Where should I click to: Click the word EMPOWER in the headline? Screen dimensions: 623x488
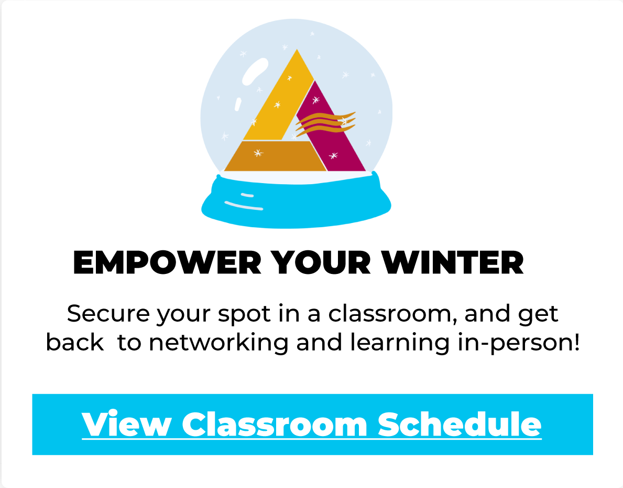[x=167, y=263]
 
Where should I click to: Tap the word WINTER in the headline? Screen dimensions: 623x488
[x=453, y=263]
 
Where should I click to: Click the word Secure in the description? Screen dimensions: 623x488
[x=108, y=314]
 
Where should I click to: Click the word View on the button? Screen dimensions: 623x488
[x=127, y=425]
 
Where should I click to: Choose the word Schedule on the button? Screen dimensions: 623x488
[x=460, y=425]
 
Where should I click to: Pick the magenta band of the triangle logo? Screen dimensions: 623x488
[x=334, y=131]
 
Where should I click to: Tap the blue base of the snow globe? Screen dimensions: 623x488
[x=296, y=201]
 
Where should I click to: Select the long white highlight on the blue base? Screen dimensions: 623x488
[x=244, y=205]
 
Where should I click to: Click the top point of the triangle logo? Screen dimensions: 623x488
[x=297, y=49]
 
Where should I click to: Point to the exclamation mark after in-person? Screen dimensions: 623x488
[x=576, y=342]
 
